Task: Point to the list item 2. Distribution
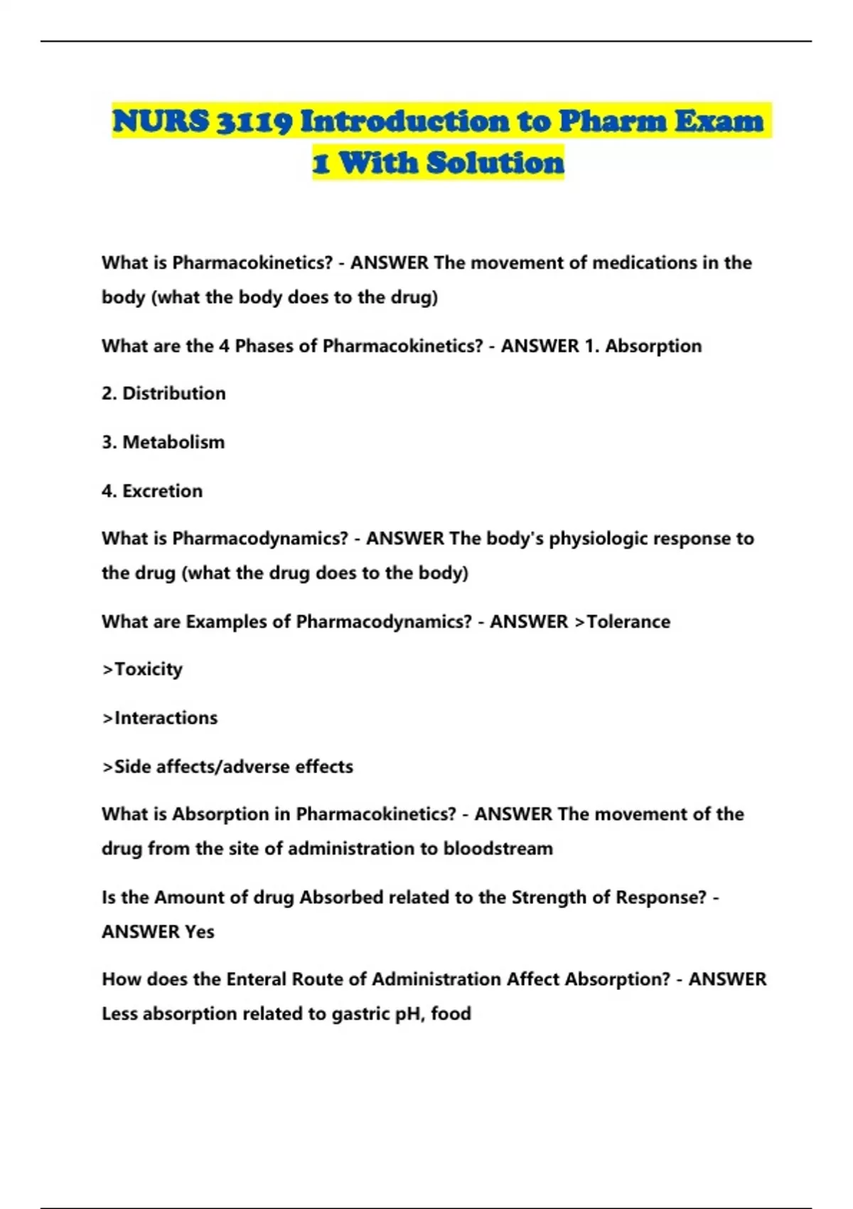point(163,393)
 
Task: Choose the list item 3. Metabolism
point(163,442)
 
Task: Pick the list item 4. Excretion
point(152,491)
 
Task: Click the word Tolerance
point(628,622)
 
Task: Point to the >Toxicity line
point(142,669)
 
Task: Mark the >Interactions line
point(160,718)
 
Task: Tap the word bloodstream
point(498,848)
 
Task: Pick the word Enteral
point(256,979)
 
